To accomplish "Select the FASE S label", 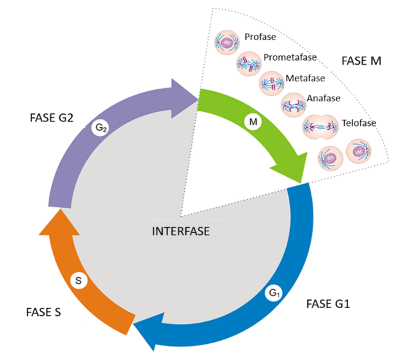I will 45,311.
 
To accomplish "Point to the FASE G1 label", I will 328,304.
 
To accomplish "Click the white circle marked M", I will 253,123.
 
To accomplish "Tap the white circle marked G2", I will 101,127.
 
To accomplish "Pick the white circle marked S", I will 78,281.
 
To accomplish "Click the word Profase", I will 259,37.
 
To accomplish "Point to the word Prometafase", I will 290,57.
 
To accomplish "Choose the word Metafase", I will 305,79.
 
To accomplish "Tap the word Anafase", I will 323,99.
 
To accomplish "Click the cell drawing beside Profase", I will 227,43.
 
